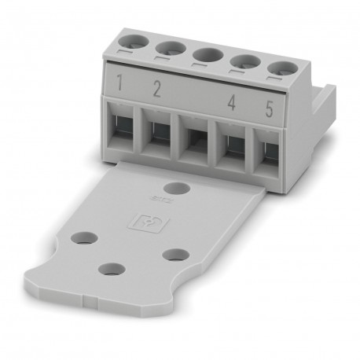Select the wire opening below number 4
click(233, 149)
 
